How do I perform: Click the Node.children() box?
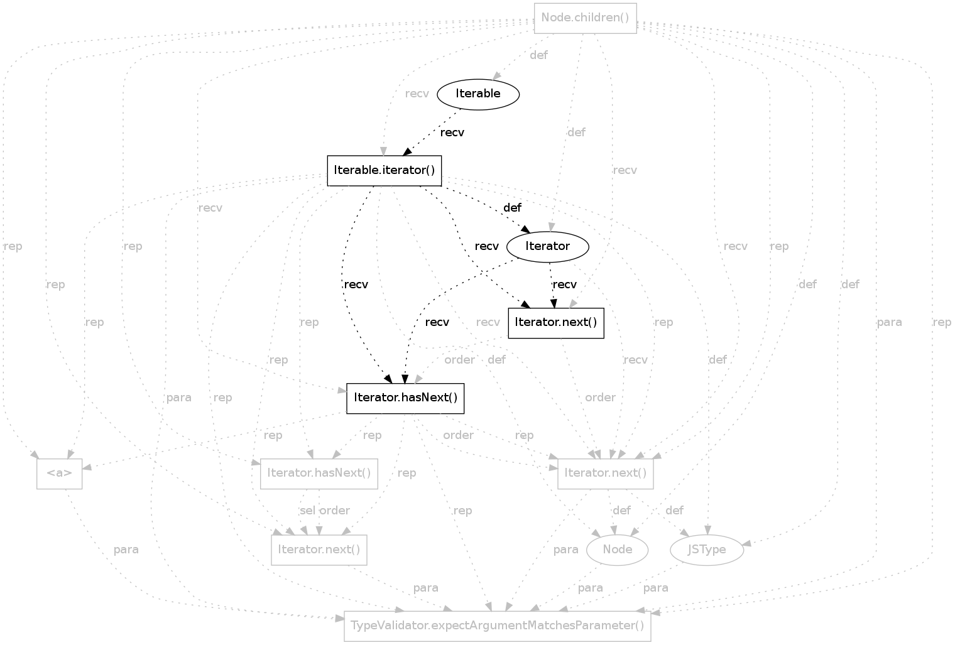tap(585, 18)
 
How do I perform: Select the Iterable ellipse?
tap(478, 94)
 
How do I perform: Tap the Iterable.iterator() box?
tap(384, 170)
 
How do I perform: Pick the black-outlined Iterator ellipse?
tap(547, 246)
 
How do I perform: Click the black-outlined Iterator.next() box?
tap(555, 323)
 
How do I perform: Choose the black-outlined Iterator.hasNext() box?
tap(405, 398)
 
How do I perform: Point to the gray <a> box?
tap(59, 474)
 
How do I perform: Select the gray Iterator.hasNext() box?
tap(319, 474)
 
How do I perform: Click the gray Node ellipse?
tap(617, 550)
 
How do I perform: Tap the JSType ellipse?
tap(707, 550)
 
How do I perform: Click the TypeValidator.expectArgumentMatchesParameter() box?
tap(497, 626)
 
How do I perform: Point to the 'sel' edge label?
tap(307, 511)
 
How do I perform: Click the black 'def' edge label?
tap(512, 207)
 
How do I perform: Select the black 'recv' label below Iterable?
tap(452, 133)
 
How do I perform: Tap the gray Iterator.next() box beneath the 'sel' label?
tap(319, 550)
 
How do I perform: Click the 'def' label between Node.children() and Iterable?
tap(538, 55)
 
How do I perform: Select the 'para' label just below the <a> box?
tap(126, 550)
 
